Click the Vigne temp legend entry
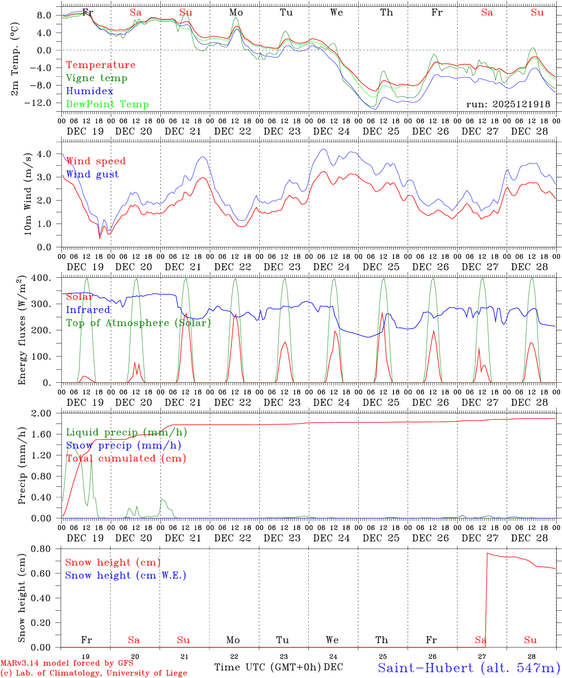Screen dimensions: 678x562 (96, 78)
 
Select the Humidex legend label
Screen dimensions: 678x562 (89, 91)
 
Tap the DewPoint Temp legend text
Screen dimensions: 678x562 (107, 105)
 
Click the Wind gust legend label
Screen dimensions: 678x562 (92, 174)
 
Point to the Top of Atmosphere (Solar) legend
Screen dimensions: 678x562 (138, 323)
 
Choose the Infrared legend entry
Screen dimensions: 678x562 (88, 310)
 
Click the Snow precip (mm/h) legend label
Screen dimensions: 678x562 (123, 445)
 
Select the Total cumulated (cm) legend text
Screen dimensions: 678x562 (126, 459)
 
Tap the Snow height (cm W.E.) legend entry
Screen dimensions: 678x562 (126, 575)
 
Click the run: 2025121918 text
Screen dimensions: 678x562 (508, 104)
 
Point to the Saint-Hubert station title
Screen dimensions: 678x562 (469, 668)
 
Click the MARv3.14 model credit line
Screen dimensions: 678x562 (67, 663)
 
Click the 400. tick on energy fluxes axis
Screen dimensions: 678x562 (42, 278)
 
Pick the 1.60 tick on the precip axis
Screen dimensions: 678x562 (42, 434)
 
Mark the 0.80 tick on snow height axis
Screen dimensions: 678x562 (42, 549)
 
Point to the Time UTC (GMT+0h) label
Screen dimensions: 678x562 (268, 667)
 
